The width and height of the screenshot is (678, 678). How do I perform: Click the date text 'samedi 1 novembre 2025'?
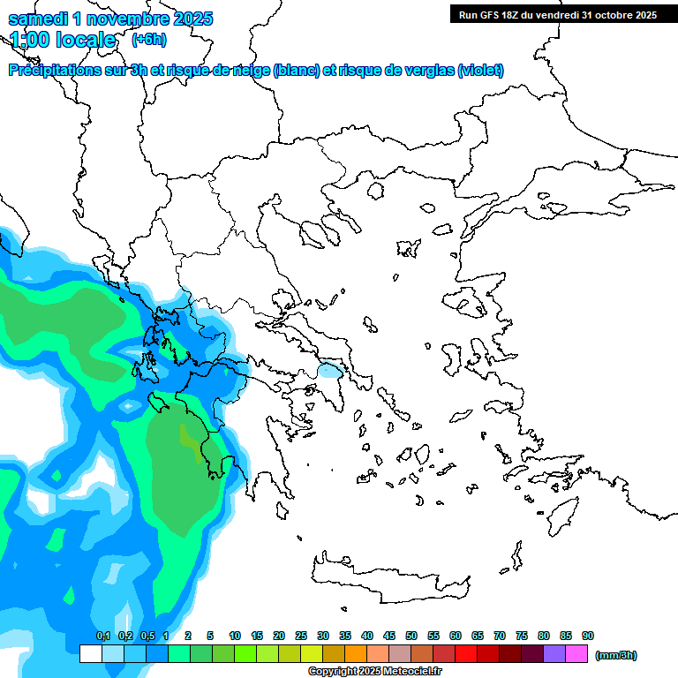[110, 19]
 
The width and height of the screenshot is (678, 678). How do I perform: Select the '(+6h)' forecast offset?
[148, 39]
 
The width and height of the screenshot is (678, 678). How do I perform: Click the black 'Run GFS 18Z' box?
[557, 14]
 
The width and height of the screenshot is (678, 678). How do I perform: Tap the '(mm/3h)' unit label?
[616, 655]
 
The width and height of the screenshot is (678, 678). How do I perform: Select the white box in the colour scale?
[90, 654]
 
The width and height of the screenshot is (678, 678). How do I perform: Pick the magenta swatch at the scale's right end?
[577, 654]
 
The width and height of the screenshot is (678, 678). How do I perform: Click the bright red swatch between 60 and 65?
[466, 654]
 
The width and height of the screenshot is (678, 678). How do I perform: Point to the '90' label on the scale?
[588, 636]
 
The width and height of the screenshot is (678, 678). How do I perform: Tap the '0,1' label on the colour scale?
[103, 636]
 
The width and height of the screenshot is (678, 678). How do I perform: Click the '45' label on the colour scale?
[389, 636]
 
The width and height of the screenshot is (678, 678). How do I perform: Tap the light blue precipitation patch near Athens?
[331, 372]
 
